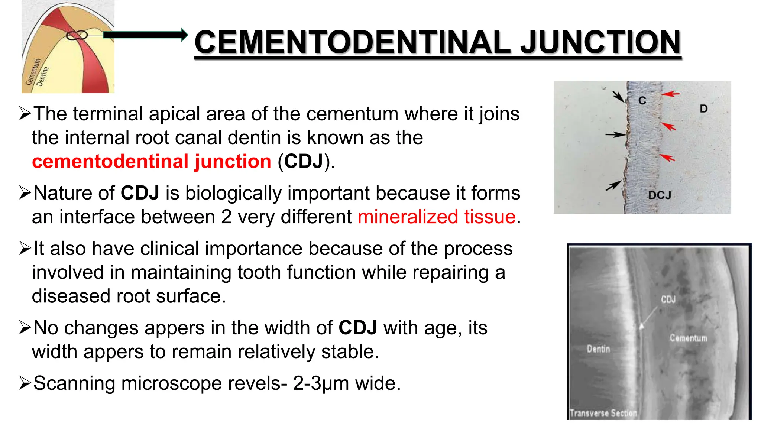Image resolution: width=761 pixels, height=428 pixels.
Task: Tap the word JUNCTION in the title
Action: (600, 42)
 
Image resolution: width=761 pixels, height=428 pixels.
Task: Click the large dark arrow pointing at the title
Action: (145, 35)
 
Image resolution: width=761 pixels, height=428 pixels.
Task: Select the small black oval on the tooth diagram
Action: (77, 35)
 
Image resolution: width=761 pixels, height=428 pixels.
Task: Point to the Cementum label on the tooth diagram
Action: (33, 72)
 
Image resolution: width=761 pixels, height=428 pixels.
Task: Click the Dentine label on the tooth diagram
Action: (43, 76)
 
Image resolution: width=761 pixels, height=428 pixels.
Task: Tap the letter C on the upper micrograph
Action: (642, 100)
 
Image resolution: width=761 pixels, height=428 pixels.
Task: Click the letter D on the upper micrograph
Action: (703, 109)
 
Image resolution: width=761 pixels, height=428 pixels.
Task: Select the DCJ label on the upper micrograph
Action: (660, 195)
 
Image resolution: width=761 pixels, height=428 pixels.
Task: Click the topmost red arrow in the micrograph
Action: (670, 94)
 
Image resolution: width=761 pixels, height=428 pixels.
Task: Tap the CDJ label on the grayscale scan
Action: (668, 299)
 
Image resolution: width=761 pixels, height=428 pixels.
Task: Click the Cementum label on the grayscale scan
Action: (688, 338)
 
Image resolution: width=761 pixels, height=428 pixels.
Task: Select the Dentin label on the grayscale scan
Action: (598, 349)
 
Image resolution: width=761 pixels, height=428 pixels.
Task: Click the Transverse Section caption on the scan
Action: (603, 413)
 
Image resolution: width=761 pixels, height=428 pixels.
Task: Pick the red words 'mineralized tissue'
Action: (437, 217)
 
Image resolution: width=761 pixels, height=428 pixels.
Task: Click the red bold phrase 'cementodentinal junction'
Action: (152, 162)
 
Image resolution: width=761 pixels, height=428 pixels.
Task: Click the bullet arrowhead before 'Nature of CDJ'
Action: (25, 193)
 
